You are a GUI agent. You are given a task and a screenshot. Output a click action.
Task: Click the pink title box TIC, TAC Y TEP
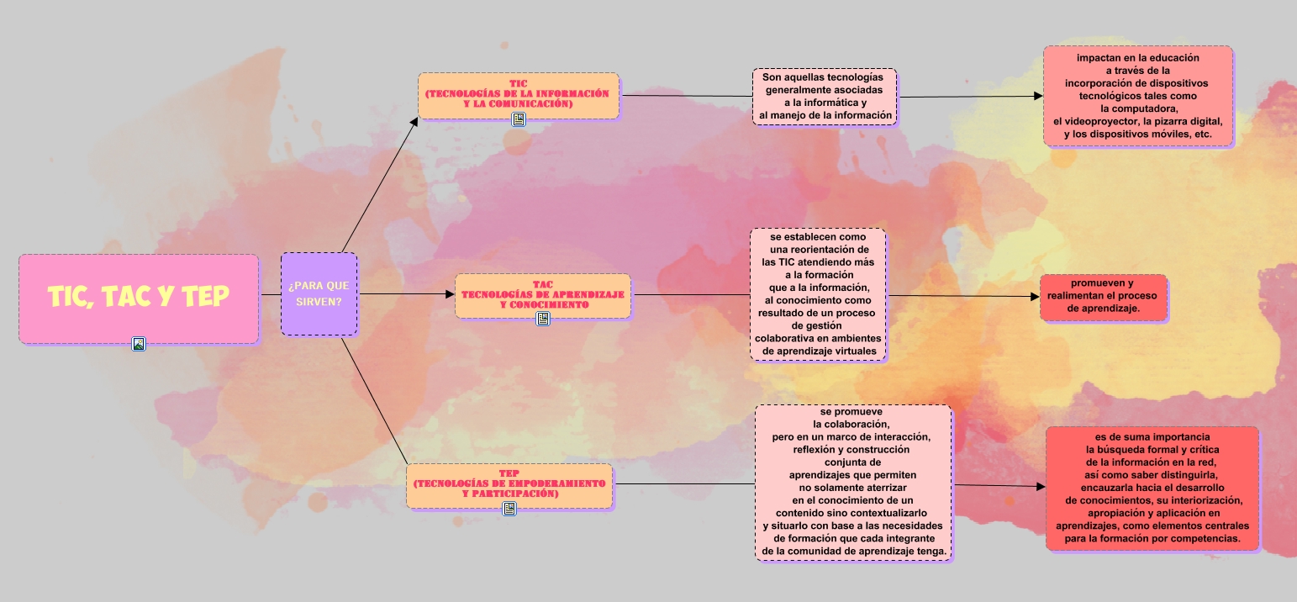(138, 298)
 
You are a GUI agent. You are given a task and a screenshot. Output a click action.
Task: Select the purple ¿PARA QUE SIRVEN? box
(319, 293)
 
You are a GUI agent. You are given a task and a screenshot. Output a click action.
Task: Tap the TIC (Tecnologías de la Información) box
(518, 94)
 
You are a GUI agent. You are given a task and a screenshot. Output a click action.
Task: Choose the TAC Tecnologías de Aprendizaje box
(542, 295)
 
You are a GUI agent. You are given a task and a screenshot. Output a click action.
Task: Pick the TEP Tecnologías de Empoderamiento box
(509, 485)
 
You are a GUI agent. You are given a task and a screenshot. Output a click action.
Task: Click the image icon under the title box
(139, 343)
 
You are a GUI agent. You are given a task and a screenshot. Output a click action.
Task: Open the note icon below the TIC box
(519, 119)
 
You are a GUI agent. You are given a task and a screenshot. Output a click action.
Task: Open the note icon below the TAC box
(543, 319)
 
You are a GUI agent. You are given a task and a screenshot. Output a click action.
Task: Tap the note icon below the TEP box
(509, 509)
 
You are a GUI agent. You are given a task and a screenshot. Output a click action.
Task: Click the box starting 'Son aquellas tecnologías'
(825, 97)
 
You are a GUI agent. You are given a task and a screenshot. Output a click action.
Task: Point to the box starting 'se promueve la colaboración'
(852, 483)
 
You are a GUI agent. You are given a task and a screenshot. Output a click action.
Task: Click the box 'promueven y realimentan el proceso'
(1103, 297)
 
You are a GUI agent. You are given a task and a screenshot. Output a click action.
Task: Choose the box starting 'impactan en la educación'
(1137, 96)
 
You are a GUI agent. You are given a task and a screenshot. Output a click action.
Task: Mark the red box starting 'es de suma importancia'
(1152, 488)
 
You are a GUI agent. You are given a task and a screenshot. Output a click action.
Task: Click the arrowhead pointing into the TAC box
(450, 294)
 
